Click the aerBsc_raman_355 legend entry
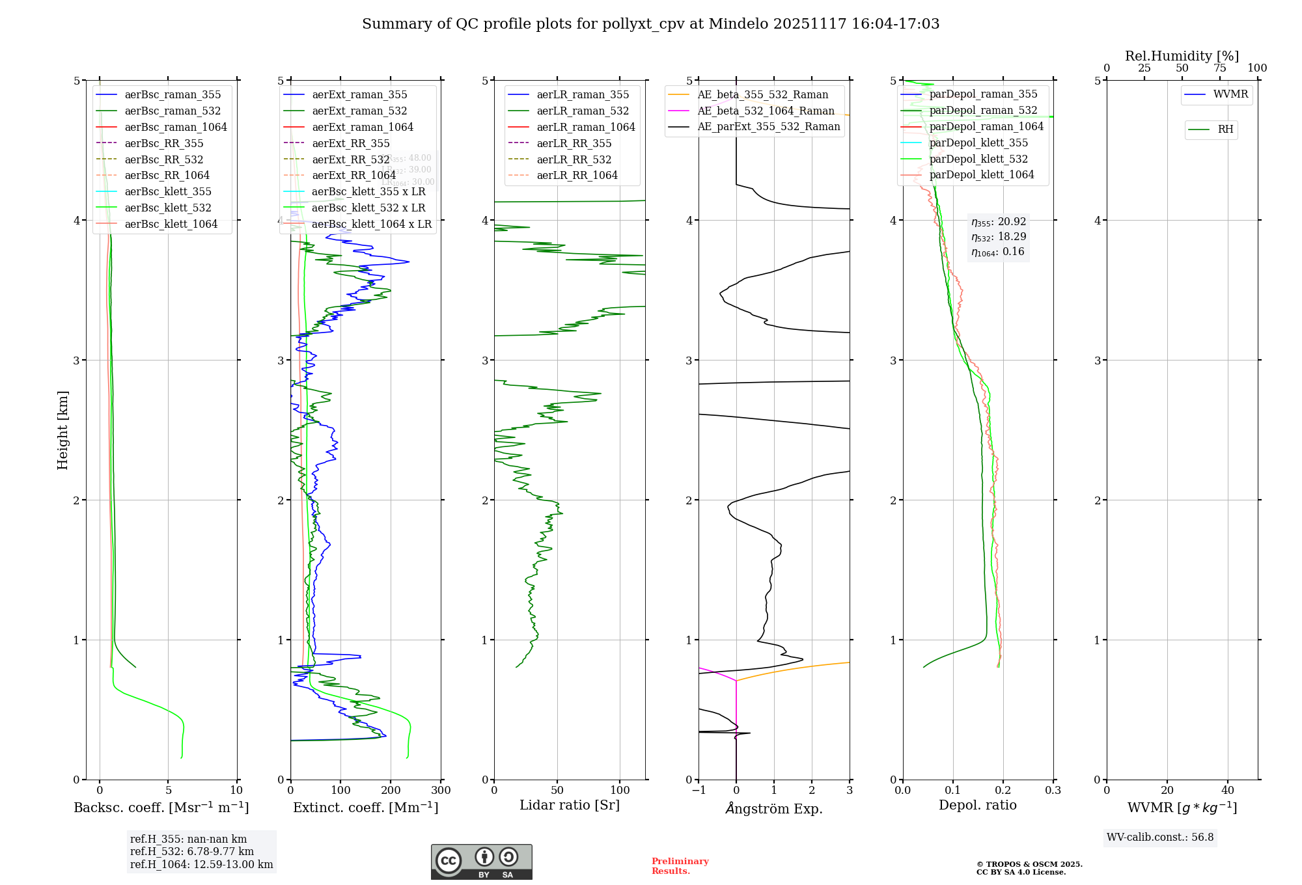(173, 95)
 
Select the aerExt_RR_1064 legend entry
(353, 176)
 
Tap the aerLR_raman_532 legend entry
(583, 111)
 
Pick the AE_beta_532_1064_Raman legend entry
(766, 111)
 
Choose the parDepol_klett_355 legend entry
(978, 143)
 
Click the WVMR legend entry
(1230, 94)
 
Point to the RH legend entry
(1225, 129)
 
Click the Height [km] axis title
(62, 430)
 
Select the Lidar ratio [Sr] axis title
(570, 806)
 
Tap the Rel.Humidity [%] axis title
(1182, 56)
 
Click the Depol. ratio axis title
(977, 806)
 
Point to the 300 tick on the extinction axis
(441, 791)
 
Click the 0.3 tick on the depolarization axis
(1053, 791)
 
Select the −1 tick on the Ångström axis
(698, 791)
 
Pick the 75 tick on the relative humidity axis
(1219, 68)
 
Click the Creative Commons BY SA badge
(481, 862)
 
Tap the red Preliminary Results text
(680, 866)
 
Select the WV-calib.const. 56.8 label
(1160, 837)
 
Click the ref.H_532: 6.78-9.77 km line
(192, 852)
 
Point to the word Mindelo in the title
(738, 24)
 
